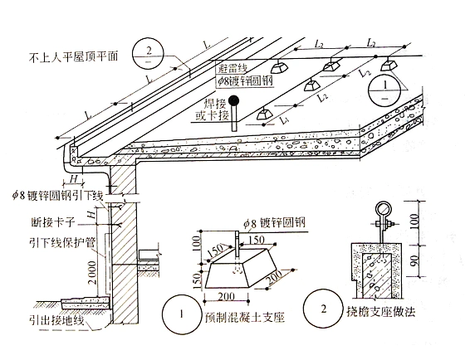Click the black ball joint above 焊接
pyautogui.click(x=234, y=101)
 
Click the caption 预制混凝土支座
pyautogui.click(x=245, y=318)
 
